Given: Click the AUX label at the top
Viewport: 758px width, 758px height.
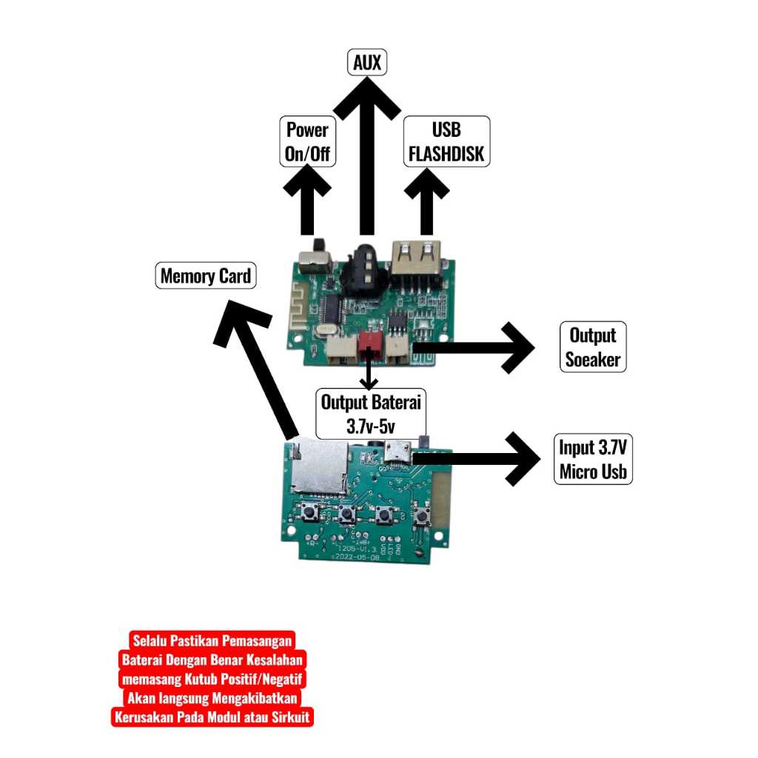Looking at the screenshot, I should tap(367, 63).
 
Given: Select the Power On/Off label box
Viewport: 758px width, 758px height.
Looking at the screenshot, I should tap(307, 142).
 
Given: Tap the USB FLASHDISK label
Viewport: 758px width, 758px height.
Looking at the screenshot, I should tap(446, 142).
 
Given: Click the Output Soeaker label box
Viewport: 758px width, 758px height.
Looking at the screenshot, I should tap(593, 347).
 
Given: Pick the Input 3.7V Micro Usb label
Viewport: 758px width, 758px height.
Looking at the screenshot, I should tap(593, 459).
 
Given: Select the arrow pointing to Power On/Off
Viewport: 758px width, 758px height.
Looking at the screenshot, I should tap(307, 200).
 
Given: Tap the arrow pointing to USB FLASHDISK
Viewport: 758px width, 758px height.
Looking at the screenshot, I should tap(426, 200).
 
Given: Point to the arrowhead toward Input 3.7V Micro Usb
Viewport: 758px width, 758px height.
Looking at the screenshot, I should tap(524, 459).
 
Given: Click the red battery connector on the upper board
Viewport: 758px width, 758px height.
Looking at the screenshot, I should tap(369, 344).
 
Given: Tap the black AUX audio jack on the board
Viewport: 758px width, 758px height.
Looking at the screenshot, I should tap(364, 270).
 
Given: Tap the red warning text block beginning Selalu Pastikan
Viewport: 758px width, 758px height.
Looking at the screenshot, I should tap(212, 679).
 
